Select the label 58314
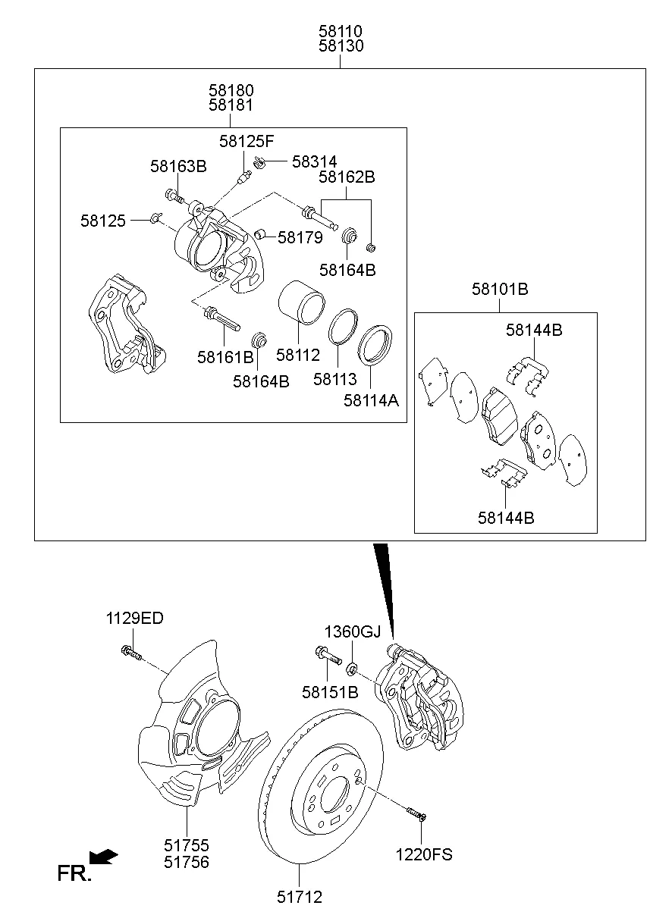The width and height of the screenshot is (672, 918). click(x=315, y=161)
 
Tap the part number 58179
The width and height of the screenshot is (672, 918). click(x=300, y=237)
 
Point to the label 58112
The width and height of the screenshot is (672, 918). click(x=298, y=354)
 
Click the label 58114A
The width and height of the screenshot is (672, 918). click(x=371, y=399)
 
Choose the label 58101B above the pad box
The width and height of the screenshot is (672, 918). click(x=500, y=289)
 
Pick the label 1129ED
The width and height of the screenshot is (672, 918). click(x=134, y=617)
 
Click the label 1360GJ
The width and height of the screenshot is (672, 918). click(x=353, y=631)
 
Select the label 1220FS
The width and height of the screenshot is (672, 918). click(x=423, y=854)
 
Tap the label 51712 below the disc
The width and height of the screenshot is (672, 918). click(x=299, y=897)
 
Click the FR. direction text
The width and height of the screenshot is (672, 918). click(x=74, y=874)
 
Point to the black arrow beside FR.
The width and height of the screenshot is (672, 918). click(x=103, y=857)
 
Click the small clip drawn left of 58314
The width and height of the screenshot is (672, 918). click(x=259, y=160)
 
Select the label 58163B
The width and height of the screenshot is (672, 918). click(x=177, y=167)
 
